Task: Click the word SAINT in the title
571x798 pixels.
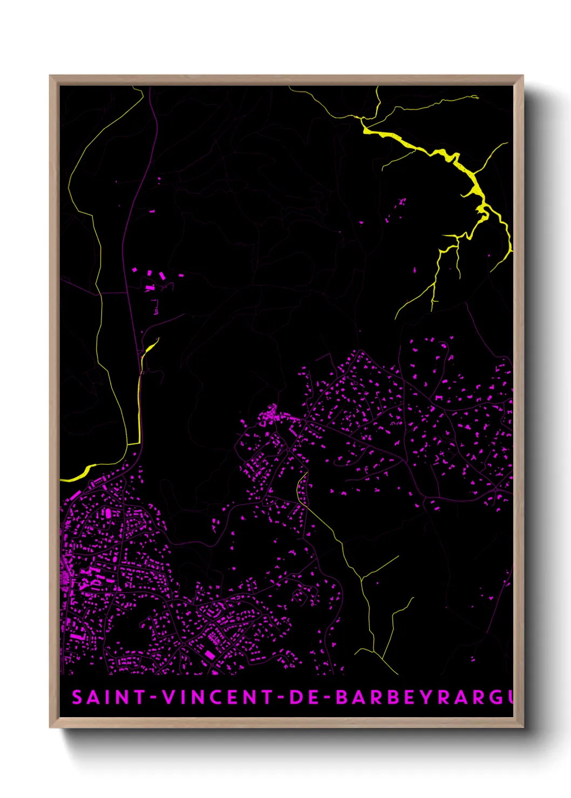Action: coord(108,697)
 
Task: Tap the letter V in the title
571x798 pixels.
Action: coord(169,697)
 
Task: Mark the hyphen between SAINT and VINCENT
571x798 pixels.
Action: coord(153,697)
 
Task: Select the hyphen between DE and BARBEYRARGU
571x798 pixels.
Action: coord(325,697)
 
